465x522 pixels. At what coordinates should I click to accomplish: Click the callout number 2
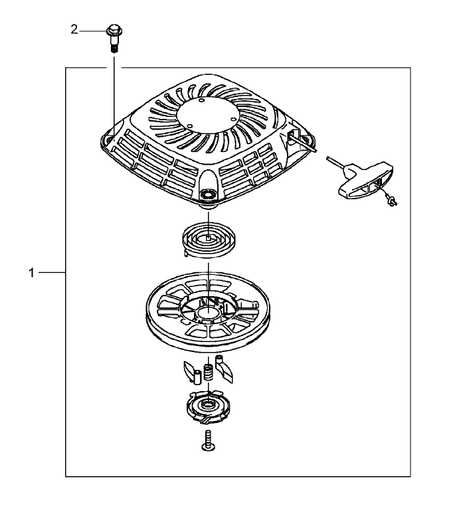pos(74,30)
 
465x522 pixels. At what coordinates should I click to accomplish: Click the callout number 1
pos(32,273)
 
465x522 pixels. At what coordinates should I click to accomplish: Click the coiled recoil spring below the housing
pos(209,239)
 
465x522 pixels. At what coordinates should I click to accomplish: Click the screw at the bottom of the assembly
pos(208,440)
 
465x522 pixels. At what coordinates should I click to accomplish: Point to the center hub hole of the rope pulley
pos(208,313)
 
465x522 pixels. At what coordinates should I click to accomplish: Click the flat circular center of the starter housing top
pos(208,114)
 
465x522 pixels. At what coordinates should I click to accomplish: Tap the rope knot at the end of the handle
pos(392,201)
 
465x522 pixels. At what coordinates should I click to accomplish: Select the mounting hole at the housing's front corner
pos(208,195)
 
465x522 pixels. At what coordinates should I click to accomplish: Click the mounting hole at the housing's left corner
pos(108,139)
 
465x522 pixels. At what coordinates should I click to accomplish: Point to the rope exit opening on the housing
pos(292,135)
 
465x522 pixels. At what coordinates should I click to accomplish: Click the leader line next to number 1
pos(52,273)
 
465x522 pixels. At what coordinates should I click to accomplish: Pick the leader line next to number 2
pos(93,31)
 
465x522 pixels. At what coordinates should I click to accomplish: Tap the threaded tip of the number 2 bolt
pos(114,49)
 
